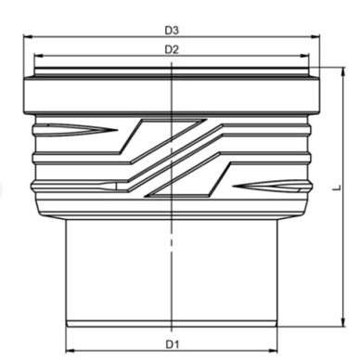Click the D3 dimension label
click(x=172, y=31)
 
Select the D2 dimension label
click(x=172, y=49)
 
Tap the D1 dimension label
click(x=173, y=344)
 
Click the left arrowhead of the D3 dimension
click(x=28, y=37)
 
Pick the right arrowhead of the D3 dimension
click(x=315, y=37)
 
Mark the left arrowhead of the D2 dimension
click(x=38, y=56)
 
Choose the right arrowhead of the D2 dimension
click(x=304, y=56)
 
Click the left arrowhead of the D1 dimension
click(x=71, y=351)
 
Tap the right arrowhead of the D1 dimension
click(x=273, y=351)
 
